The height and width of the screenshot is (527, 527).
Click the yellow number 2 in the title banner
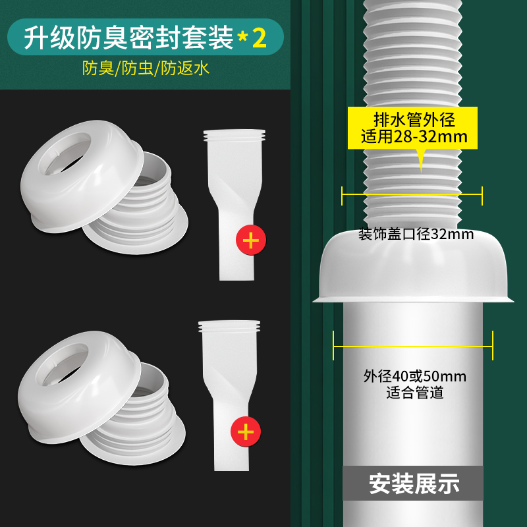259,38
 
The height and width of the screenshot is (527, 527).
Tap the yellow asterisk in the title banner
242,38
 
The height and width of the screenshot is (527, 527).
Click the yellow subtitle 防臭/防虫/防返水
146,69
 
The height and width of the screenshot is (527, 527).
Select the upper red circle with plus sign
251,240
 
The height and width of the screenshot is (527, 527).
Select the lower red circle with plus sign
246,431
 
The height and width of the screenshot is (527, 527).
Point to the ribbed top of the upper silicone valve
235,136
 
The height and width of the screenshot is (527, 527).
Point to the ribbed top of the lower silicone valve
229,326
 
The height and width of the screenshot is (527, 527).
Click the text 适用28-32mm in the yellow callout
414,137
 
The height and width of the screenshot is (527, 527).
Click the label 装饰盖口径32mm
416,234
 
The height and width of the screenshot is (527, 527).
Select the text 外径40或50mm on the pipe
415,376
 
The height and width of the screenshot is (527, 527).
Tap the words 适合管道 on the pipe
415,393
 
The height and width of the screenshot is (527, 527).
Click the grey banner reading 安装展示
413,484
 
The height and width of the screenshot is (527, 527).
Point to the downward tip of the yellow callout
421,172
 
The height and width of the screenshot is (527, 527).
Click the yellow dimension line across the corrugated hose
412,194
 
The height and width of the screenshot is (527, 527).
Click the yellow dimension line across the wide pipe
413,347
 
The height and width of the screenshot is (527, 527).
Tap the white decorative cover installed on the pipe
413,265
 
